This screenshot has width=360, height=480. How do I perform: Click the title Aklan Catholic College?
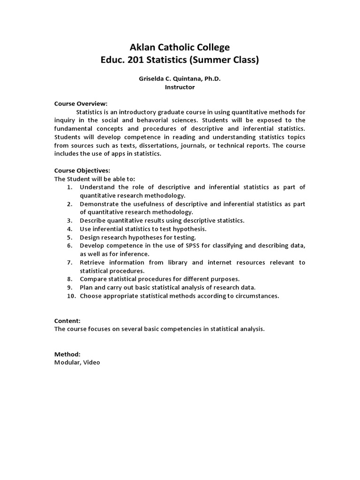[180, 47]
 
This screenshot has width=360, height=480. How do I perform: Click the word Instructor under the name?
[180, 87]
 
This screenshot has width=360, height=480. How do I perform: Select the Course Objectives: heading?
[82, 171]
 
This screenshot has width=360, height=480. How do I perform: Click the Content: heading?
[67, 321]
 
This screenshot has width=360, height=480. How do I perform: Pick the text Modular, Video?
[77, 363]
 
